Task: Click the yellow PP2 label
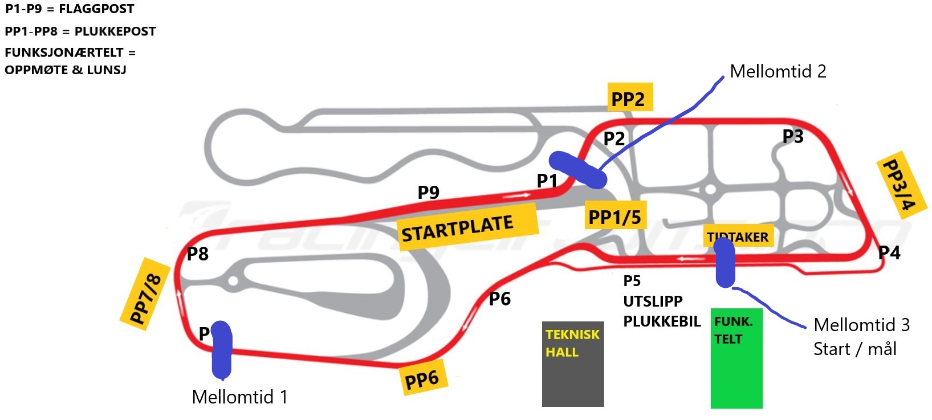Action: (x=628, y=98)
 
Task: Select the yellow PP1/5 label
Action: (x=614, y=217)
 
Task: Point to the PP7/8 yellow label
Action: (x=145, y=294)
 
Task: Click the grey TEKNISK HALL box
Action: (x=572, y=364)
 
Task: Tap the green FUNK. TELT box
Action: (x=736, y=358)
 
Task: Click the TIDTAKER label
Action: (x=739, y=236)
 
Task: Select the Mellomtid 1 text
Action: (x=239, y=397)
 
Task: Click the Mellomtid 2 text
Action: (x=778, y=71)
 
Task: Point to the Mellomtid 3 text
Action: (x=861, y=325)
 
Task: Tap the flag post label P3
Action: (x=792, y=136)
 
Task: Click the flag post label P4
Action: (x=889, y=252)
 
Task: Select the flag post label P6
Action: (x=499, y=299)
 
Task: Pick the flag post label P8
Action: (x=198, y=254)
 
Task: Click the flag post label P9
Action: (x=428, y=193)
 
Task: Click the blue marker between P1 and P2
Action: (x=577, y=169)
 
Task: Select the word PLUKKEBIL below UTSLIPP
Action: (x=661, y=321)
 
